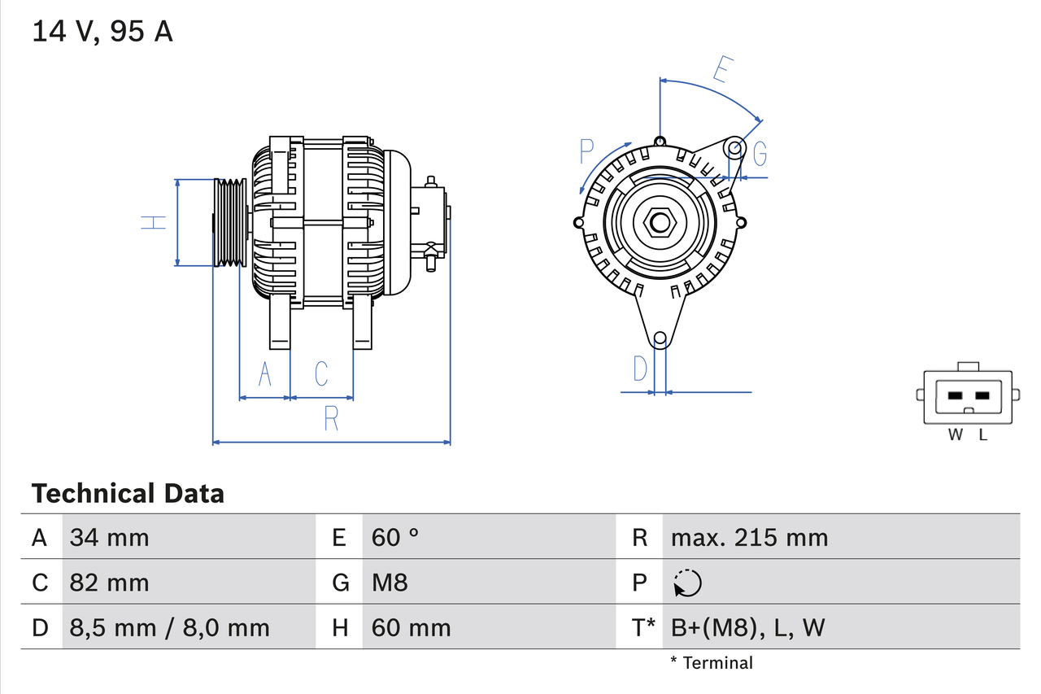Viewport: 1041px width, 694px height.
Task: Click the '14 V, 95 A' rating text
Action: pyautogui.click(x=102, y=32)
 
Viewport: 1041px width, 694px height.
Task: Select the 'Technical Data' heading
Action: pyautogui.click(x=128, y=494)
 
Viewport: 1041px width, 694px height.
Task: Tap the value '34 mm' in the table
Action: pyautogui.click(x=110, y=537)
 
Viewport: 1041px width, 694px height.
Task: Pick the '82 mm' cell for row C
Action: pyautogui.click(x=110, y=583)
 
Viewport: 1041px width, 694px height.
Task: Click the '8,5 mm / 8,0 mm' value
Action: pyautogui.click(x=169, y=627)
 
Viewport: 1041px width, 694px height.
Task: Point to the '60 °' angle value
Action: pyautogui.click(x=395, y=537)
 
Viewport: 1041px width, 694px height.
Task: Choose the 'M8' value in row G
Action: pyautogui.click(x=390, y=583)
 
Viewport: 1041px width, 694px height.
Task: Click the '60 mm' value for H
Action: pyautogui.click(x=411, y=627)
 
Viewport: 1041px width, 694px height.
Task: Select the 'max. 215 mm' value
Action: pyautogui.click(x=749, y=537)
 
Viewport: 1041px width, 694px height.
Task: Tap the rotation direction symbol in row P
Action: pyautogui.click(x=688, y=583)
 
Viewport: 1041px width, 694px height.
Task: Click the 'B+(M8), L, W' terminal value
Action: pyautogui.click(x=748, y=627)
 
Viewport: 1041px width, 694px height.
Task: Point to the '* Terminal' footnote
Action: pyautogui.click(x=712, y=663)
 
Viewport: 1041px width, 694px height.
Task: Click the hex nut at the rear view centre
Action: pyautogui.click(x=660, y=222)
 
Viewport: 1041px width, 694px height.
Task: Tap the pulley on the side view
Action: pyautogui.click(x=230, y=222)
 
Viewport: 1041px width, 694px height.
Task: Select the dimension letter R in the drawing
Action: pyautogui.click(x=331, y=418)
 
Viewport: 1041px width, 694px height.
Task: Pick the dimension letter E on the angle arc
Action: pyautogui.click(x=721, y=70)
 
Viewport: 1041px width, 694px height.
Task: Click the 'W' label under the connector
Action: pyautogui.click(x=956, y=435)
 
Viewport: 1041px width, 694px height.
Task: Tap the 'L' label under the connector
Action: pyautogui.click(x=982, y=435)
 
